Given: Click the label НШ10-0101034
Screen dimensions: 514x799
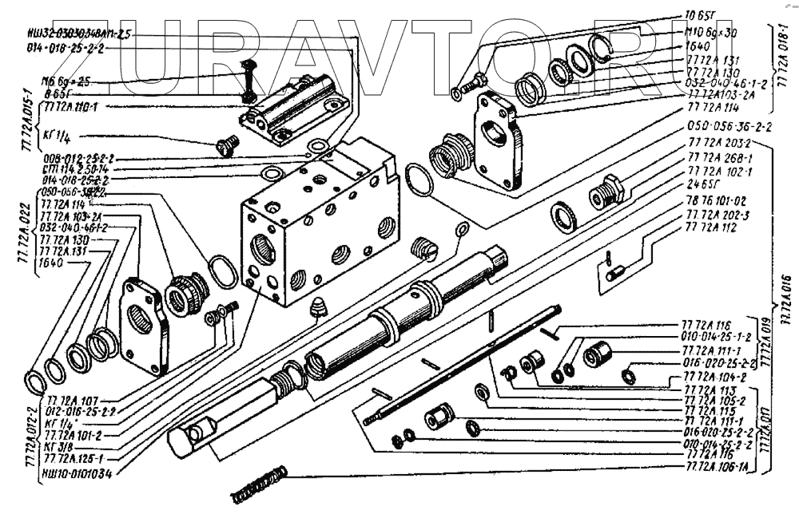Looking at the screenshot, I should click(77, 472).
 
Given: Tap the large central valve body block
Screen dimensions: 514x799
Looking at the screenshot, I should click(320, 223).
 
